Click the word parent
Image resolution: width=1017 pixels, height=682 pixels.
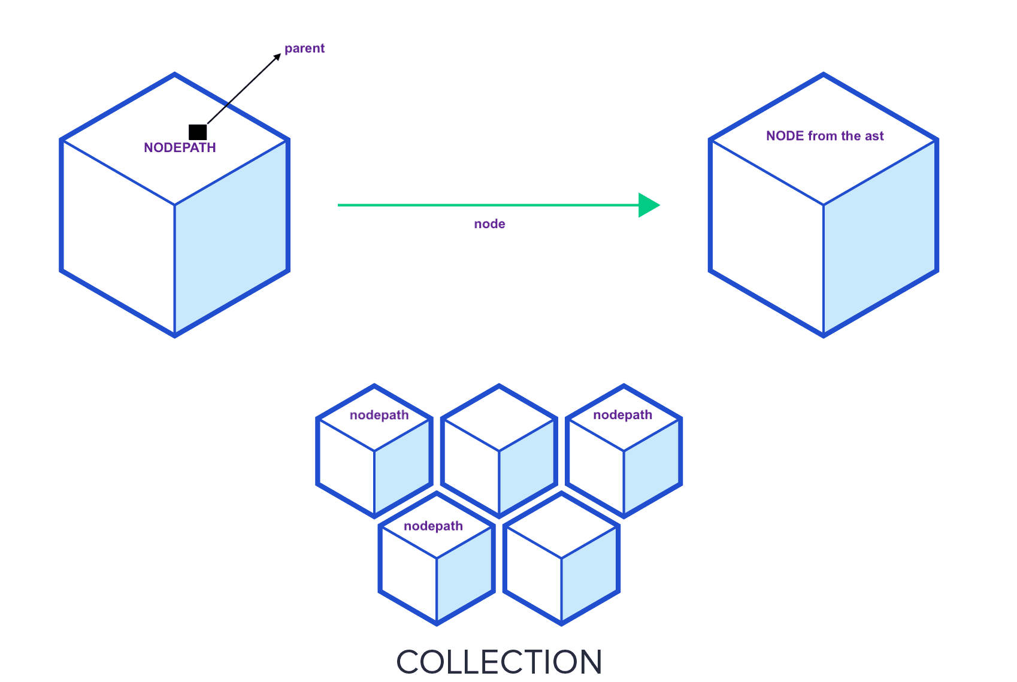click(x=304, y=49)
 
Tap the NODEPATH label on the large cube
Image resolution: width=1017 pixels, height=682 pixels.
click(x=180, y=148)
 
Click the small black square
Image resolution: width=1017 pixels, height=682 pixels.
click(x=198, y=132)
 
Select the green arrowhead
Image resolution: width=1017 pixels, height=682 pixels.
click(x=648, y=205)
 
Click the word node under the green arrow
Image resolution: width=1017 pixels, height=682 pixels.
click(x=489, y=224)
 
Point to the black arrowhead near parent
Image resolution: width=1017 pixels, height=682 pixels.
click(x=277, y=57)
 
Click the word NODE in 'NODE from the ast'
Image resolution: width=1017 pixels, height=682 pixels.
click(x=785, y=136)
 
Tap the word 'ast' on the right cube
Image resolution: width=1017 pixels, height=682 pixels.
click(x=874, y=136)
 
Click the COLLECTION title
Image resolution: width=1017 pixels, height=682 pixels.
click(x=499, y=662)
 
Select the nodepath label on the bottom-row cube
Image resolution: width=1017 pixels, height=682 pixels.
click(x=433, y=526)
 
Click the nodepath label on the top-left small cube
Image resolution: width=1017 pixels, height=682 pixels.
click(x=379, y=415)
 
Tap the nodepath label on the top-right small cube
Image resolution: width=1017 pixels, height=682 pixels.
click(x=622, y=415)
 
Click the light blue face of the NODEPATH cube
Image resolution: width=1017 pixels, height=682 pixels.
click(x=231, y=240)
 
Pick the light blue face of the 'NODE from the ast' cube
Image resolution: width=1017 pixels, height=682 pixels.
click(x=880, y=240)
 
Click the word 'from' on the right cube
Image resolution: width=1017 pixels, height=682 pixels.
click(x=822, y=136)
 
